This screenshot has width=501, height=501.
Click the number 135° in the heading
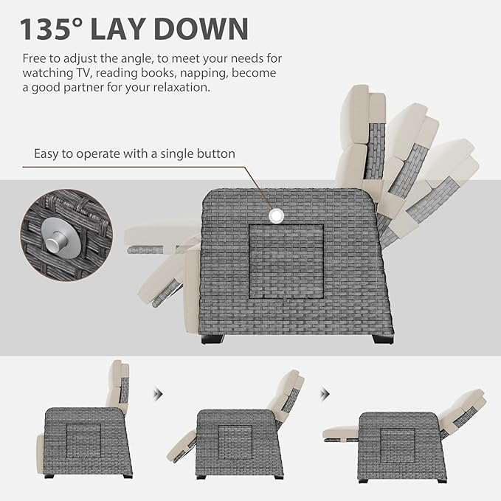click(x=50, y=29)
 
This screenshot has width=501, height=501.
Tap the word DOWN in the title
click(x=201, y=29)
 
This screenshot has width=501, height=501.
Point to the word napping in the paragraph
click(x=204, y=74)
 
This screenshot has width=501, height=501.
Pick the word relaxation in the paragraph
click(x=180, y=87)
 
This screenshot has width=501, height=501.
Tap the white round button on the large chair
click(x=276, y=216)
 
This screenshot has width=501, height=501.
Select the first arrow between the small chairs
click(x=158, y=394)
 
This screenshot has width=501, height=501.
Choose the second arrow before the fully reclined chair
click(x=325, y=394)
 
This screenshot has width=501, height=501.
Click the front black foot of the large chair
click(x=213, y=339)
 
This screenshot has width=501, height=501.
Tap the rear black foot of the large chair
click(x=384, y=339)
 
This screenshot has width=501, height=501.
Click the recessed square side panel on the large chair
click(x=286, y=261)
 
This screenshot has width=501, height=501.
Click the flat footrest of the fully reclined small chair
click(x=341, y=434)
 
